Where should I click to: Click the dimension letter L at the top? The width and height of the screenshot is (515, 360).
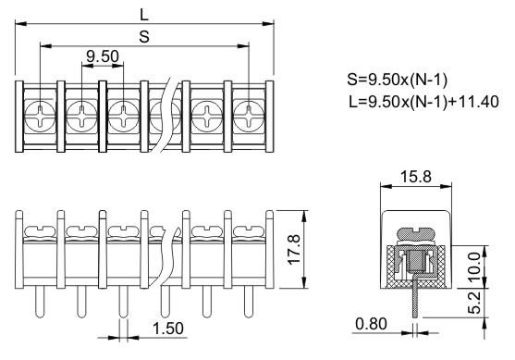coord(144,15)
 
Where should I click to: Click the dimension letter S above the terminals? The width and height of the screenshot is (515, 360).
coord(144,37)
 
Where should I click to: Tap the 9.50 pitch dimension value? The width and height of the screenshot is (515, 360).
coord(103,56)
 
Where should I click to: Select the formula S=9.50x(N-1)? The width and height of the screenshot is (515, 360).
coord(397,80)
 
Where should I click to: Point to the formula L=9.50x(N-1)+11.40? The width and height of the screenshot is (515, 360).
coord(423,102)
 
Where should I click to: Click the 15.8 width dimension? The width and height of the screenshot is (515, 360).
coord(416,177)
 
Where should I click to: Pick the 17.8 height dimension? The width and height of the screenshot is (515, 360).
coord(294,249)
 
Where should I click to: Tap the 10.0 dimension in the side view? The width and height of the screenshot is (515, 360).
coord(473,267)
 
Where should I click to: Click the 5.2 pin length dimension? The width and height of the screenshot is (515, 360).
coord(473,303)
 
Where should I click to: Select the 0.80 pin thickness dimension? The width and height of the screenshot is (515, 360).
coord(371,324)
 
